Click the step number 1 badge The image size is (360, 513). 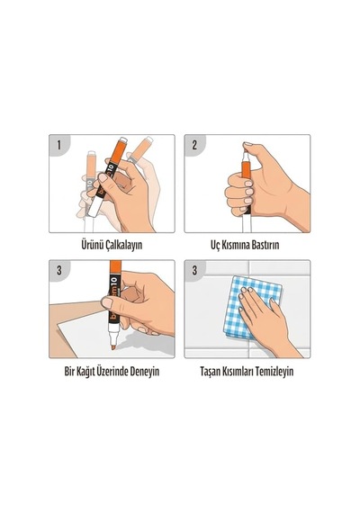click(x=59, y=145)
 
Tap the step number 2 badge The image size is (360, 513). click(x=194, y=145)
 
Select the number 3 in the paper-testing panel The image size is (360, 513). click(x=59, y=271)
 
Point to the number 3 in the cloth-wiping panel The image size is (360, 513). click(x=194, y=271)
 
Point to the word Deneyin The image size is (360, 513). click(x=145, y=372)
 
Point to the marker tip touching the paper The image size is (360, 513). click(x=112, y=346)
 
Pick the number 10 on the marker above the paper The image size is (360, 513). click(x=114, y=282)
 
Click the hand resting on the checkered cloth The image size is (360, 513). click(x=265, y=319)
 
